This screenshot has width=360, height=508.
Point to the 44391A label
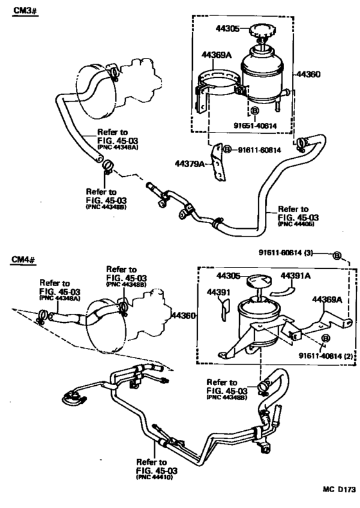pyautogui.click(x=296, y=276)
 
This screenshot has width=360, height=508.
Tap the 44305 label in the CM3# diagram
pyautogui.click(x=226, y=28)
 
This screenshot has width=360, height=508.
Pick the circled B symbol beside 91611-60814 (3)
pyautogui.click(x=336, y=255)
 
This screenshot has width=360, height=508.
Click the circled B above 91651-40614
pyautogui.click(x=254, y=112)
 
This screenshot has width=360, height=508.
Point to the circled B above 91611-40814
pyautogui.click(x=325, y=338)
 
